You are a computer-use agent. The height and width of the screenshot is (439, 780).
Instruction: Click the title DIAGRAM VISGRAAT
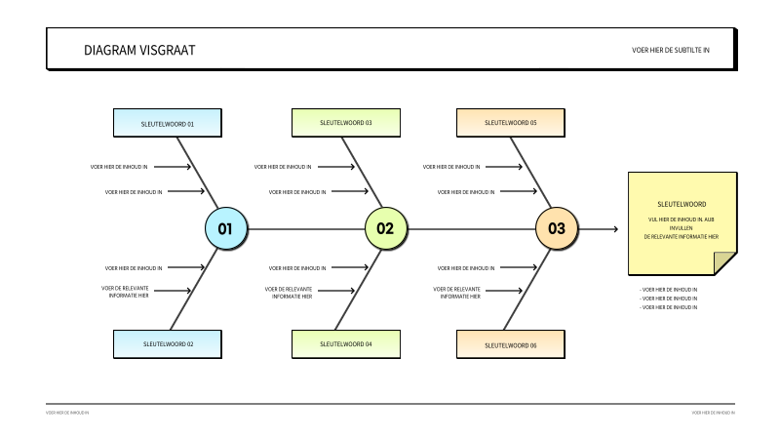[x=138, y=50]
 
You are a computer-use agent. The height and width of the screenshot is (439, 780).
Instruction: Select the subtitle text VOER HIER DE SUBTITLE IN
[x=670, y=50]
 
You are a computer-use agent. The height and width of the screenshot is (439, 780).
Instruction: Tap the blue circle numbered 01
[x=225, y=229]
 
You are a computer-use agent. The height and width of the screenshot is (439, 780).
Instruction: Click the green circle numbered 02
[x=385, y=229]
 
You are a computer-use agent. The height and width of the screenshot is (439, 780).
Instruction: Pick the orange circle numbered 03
[x=556, y=229]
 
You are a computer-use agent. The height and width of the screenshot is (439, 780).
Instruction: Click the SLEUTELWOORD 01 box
[x=168, y=124]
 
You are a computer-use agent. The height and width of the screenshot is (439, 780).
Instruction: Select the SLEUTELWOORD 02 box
[x=168, y=344]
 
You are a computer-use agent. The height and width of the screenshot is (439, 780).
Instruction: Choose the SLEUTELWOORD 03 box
[x=346, y=123]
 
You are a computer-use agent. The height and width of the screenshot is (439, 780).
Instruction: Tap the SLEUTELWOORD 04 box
[x=346, y=344]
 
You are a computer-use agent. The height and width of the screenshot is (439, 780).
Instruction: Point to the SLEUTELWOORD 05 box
[x=511, y=123]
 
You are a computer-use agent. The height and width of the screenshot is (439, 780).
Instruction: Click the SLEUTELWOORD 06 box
[x=511, y=344]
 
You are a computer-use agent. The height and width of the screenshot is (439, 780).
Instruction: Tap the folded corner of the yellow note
[x=724, y=263]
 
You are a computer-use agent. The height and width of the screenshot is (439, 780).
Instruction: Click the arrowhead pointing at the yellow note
[x=613, y=229]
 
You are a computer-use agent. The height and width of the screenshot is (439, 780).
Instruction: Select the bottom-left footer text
[x=67, y=413]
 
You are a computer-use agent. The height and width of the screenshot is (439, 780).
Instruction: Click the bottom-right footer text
[x=713, y=413]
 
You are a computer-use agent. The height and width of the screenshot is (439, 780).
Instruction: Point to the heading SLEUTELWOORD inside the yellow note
[x=682, y=204]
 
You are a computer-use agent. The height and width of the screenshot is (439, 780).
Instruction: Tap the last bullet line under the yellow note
[x=669, y=307]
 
